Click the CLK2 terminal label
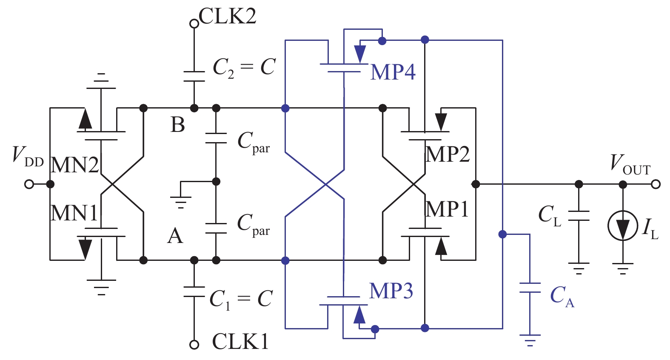tap(228, 16)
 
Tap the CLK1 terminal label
tap(240, 341)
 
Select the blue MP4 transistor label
tap(393, 72)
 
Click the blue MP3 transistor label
tap(391, 291)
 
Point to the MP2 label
tap(448, 154)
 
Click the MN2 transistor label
tap(75, 165)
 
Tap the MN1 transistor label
tap(74, 213)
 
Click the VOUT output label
tap(630, 164)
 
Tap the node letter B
tap(178, 125)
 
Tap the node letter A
tap(175, 236)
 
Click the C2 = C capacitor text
tap(244, 68)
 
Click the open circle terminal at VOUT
tap(656, 184)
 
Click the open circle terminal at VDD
tap(29, 184)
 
